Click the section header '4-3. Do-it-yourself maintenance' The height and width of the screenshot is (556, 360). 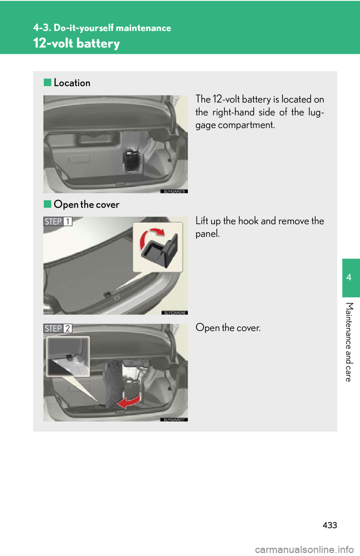(102, 28)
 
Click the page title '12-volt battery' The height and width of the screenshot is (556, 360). (76, 43)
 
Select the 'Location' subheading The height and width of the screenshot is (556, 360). (72, 83)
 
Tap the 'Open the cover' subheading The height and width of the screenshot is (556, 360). (86, 205)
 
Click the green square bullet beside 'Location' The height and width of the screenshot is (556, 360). (47, 82)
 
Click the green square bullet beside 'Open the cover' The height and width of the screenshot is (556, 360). (47, 204)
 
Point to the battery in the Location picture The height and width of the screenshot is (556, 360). (132, 159)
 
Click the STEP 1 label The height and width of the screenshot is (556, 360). (58, 221)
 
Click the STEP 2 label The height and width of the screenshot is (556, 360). (58, 329)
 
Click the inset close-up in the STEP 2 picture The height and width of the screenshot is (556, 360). (68, 356)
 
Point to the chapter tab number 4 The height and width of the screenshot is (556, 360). (349, 277)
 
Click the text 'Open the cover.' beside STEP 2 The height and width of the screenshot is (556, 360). (228, 328)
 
